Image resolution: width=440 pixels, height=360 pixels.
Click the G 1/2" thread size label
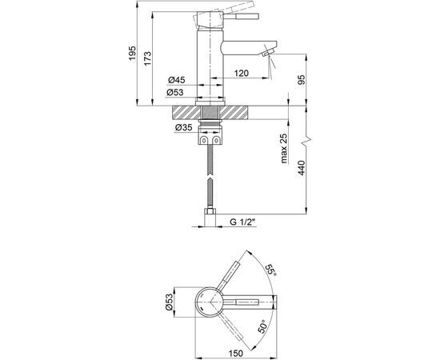243,222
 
